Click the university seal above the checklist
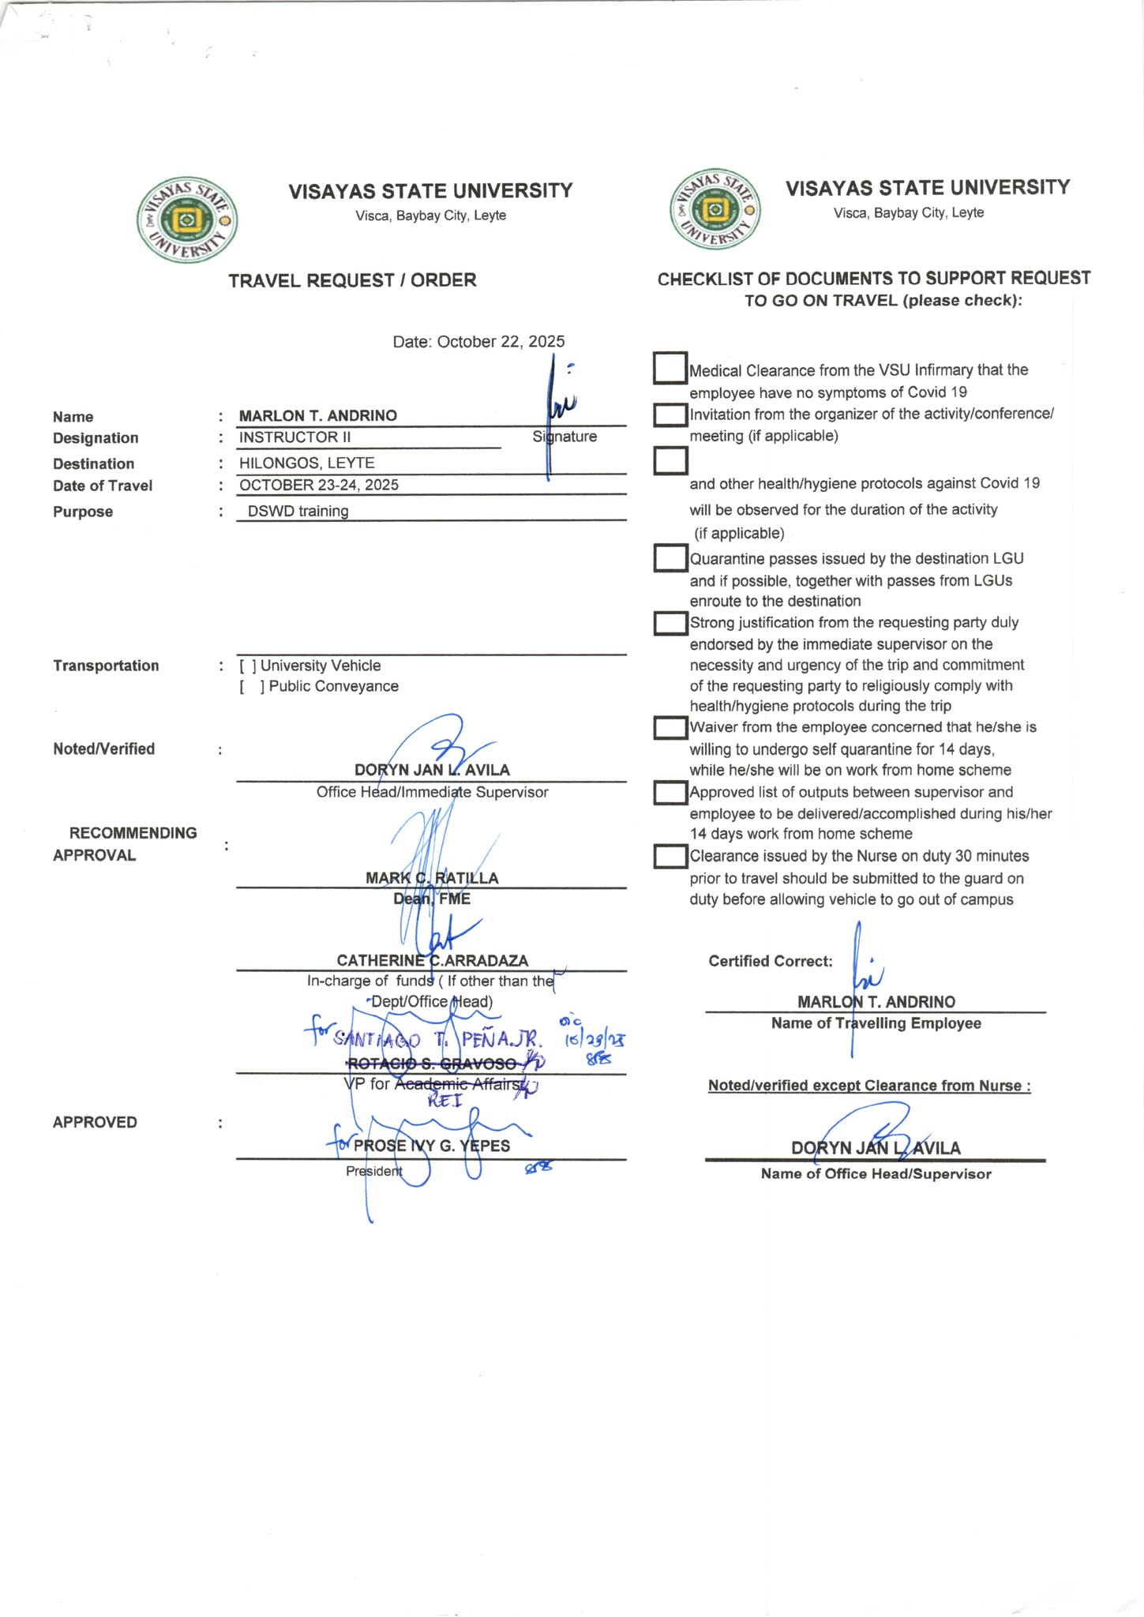[715, 210]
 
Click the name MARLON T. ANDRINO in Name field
[317, 416]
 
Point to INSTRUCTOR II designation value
[294, 437]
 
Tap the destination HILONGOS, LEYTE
[306, 463]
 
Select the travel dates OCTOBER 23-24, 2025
[318, 486]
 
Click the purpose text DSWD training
[298, 512]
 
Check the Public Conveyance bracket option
[252, 687]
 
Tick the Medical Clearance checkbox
[670, 368]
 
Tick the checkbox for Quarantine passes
[670, 558]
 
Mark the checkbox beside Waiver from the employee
[670, 727]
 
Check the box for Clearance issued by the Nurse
[670, 857]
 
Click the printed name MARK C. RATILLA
[432, 878]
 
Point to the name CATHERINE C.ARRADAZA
[432, 961]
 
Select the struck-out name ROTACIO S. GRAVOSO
[432, 1064]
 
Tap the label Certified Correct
[770, 962]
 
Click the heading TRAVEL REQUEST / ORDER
[352, 280]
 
